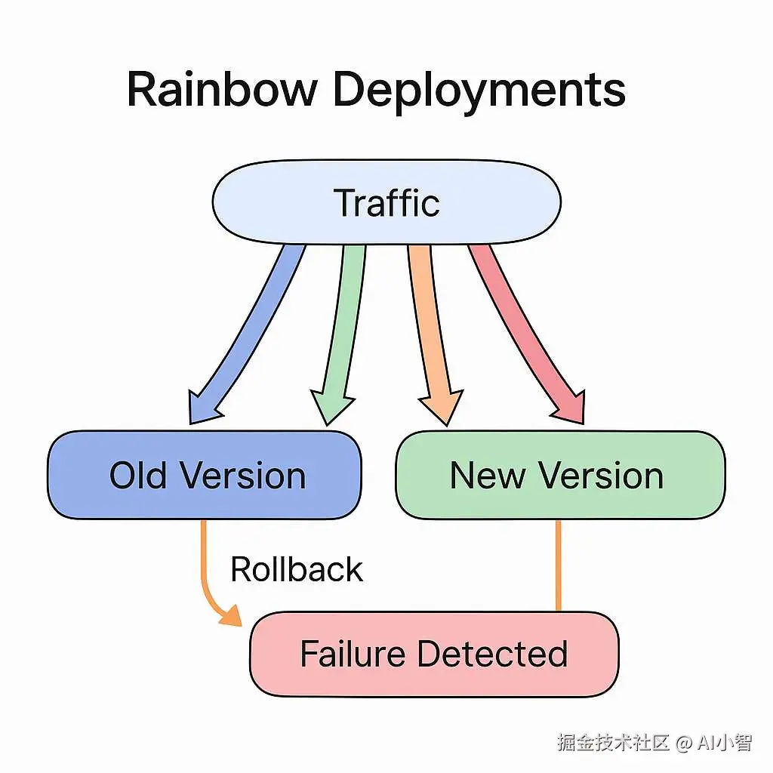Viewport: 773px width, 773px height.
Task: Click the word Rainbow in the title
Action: click(222, 89)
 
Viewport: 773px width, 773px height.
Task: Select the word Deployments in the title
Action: click(479, 91)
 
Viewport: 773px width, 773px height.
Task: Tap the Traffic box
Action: click(386, 203)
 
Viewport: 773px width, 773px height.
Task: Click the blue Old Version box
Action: click(205, 476)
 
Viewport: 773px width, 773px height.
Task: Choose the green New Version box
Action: click(559, 476)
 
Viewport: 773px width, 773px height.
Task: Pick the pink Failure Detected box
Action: click(434, 654)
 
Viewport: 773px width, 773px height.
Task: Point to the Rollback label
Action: click(297, 569)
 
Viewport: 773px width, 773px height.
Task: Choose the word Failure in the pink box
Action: click(352, 654)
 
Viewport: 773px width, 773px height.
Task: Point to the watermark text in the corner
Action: click(654, 743)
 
